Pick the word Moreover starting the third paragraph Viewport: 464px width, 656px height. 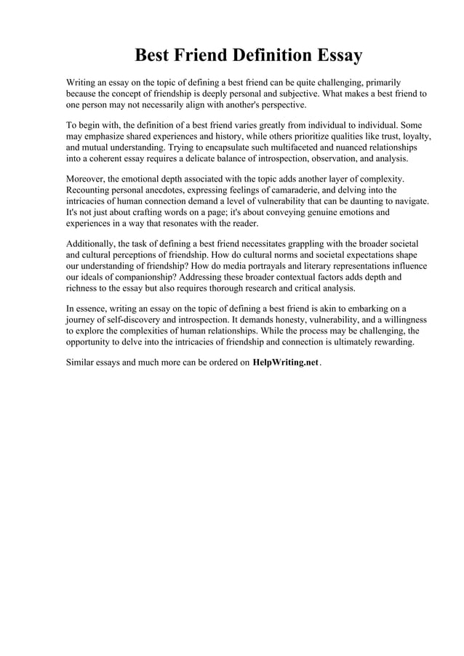click(85, 179)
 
